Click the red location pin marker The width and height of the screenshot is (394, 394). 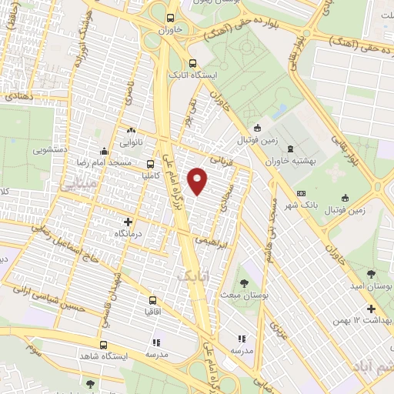199,180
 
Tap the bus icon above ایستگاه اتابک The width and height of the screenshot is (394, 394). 192,64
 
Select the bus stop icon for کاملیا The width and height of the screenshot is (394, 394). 150,163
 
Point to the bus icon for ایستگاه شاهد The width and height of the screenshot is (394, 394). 104,345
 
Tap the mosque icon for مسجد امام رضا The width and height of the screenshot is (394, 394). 105,151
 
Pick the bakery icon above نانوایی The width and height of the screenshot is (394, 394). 131,132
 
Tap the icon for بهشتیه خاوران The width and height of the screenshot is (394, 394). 289,149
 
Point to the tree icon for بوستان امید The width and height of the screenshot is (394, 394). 372,273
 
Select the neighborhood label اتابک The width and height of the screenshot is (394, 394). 193,274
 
